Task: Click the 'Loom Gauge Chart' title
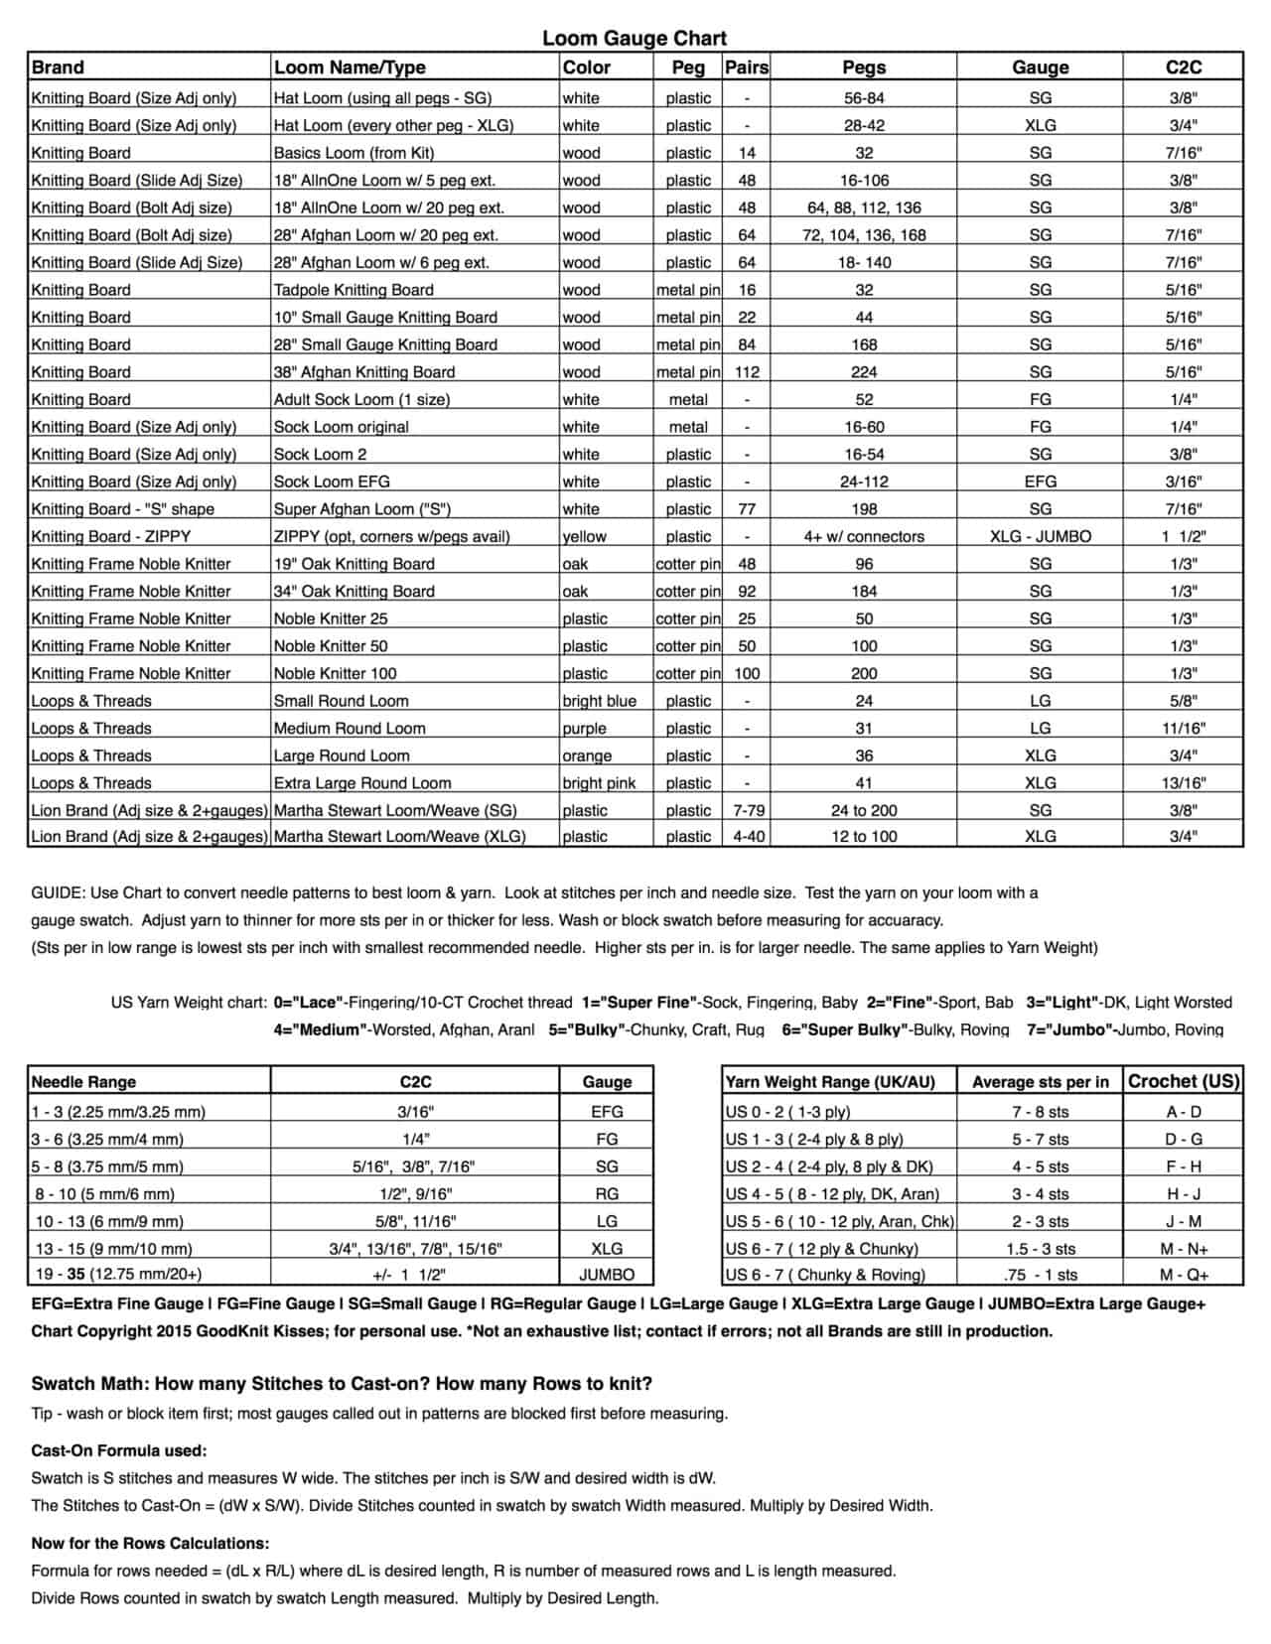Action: click(634, 38)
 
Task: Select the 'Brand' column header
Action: click(58, 68)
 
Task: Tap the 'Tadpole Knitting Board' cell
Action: click(353, 290)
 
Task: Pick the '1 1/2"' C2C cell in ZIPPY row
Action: click(1183, 536)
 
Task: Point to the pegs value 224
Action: click(864, 372)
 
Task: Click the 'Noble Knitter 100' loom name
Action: click(335, 673)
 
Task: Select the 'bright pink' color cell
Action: click(599, 783)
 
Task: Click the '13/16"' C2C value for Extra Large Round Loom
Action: click(1183, 783)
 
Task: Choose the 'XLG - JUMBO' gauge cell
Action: click(1040, 536)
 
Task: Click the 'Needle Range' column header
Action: click(83, 1082)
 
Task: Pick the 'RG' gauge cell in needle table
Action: click(607, 1194)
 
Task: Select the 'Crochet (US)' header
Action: click(1184, 1081)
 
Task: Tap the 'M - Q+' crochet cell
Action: click(1184, 1275)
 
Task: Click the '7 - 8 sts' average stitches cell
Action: click(1040, 1112)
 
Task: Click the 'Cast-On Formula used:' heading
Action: click(119, 1450)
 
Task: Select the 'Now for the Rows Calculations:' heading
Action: click(150, 1544)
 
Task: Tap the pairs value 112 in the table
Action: click(747, 372)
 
